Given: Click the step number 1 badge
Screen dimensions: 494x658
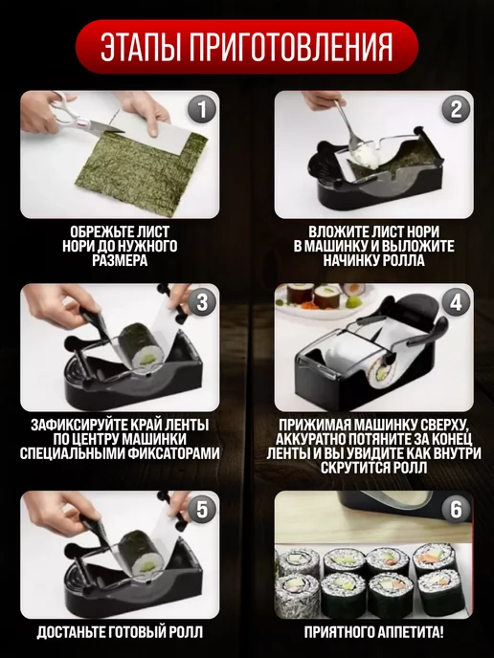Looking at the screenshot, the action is pyautogui.click(x=202, y=109).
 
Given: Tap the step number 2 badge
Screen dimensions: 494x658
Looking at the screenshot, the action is pyautogui.click(x=457, y=109).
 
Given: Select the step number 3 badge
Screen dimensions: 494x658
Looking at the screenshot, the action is pyautogui.click(x=202, y=302).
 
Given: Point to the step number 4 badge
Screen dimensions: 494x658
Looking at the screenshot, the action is pyautogui.click(x=457, y=302).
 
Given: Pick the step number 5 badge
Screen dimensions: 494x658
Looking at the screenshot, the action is pyautogui.click(x=202, y=510).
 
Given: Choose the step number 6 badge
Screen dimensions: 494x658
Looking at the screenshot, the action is pyautogui.click(x=457, y=510).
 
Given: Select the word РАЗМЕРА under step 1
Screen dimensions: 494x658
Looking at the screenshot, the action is pyautogui.click(x=120, y=260).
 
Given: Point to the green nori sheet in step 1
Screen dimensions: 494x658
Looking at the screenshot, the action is pyautogui.click(x=141, y=172).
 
